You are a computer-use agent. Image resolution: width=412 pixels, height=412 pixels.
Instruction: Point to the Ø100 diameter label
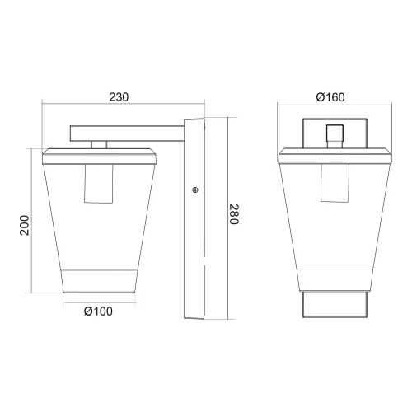point(98,311)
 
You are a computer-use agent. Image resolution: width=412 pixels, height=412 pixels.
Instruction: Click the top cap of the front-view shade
point(334,153)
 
